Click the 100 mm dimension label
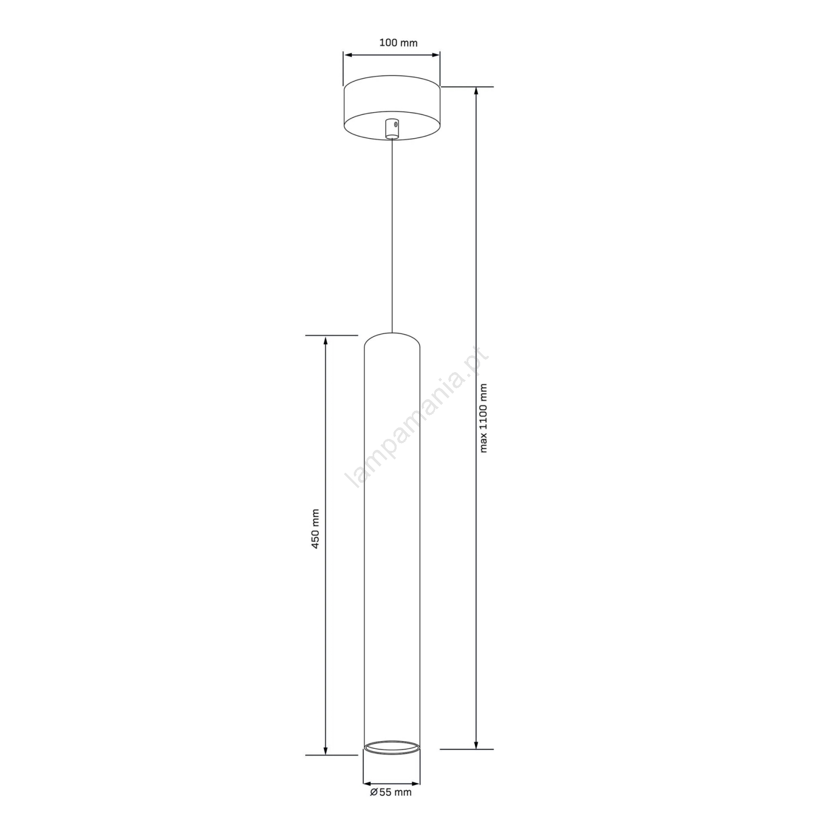click(398, 43)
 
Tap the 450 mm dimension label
click(315, 529)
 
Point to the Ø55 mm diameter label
click(391, 807)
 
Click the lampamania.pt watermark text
click(417, 418)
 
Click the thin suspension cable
click(392, 235)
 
